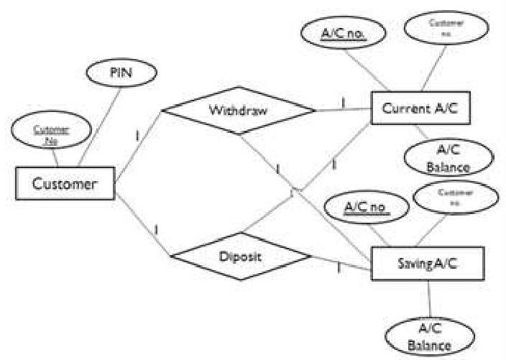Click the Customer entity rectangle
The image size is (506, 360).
point(65,183)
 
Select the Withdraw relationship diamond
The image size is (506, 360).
point(238,111)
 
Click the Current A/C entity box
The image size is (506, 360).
point(420,110)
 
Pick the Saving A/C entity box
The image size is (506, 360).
point(427,263)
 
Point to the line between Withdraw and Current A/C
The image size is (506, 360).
point(344,110)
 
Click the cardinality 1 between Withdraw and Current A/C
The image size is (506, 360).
point(343,102)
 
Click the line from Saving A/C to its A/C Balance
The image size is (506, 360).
point(428,300)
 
